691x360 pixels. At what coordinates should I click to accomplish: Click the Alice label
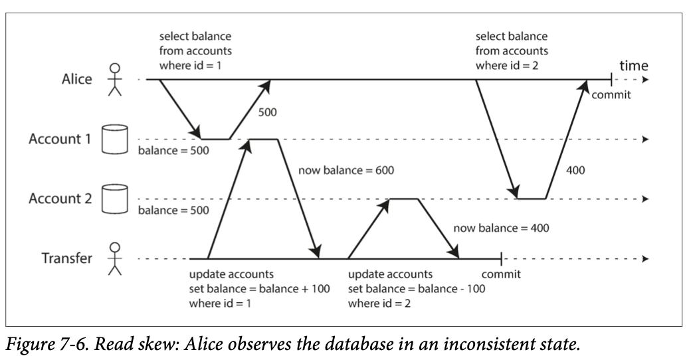coord(76,79)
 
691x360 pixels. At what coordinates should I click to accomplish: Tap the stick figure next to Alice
coord(114,79)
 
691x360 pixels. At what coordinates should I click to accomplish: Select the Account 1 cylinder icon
coord(114,139)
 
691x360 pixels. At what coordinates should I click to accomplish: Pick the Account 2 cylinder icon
coord(114,199)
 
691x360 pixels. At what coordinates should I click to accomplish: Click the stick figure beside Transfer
coord(114,258)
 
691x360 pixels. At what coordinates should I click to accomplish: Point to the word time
coord(634,66)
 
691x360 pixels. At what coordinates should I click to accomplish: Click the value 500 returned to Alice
coord(268,112)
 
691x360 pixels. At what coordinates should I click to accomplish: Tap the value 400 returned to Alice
coord(575,170)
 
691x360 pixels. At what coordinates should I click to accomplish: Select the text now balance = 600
coord(346,170)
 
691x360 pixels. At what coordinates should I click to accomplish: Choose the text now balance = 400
coord(501,228)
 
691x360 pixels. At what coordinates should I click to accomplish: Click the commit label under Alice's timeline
coord(611,95)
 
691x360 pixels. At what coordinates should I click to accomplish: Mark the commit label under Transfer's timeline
coord(501,274)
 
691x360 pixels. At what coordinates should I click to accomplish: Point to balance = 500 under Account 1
coord(173,150)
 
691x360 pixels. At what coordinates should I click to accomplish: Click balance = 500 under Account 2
coord(173,210)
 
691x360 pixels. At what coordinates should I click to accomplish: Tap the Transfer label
coord(67,258)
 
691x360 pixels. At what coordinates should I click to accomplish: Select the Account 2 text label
coord(60,199)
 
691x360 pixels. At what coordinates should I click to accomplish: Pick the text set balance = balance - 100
coord(417,289)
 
